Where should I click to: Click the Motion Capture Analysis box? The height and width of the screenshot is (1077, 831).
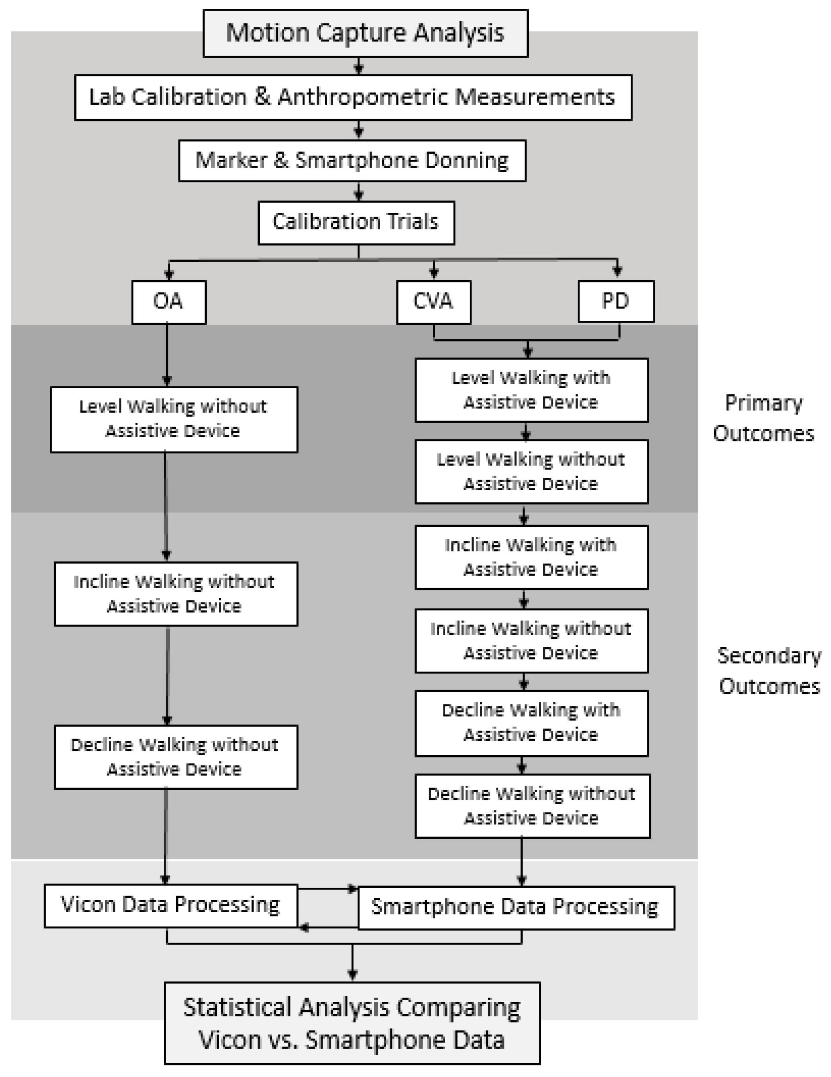(365, 34)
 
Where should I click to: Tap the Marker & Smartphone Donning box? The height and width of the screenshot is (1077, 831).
(352, 161)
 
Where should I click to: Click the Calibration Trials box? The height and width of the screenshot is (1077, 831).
(356, 223)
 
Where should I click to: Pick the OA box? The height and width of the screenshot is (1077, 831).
(168, 302)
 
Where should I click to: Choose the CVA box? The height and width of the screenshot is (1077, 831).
(433, 302)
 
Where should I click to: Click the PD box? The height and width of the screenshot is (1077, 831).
(616, 301)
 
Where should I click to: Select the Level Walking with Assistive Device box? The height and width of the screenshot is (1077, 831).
(531, 390)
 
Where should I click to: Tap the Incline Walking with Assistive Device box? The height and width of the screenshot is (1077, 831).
(531, 557)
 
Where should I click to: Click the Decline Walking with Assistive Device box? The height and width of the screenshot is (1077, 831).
(531, 723)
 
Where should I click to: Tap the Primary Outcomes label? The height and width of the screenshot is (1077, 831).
(764, 418)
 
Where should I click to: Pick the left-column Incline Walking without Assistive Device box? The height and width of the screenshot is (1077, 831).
(175, 594)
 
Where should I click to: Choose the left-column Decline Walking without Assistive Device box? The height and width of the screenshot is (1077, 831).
(175, 757)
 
